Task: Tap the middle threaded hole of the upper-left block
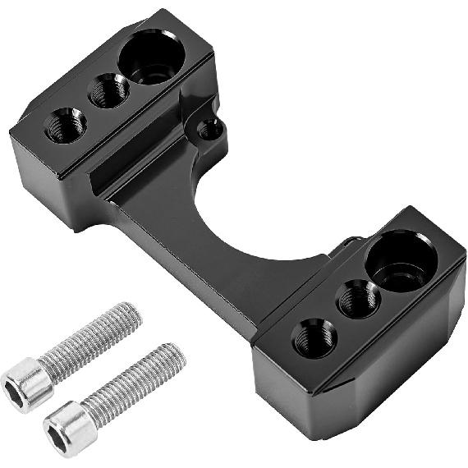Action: point(108,90)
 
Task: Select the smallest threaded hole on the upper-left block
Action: point(66,125)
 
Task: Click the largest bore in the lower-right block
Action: point(400,260)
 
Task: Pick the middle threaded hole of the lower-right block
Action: point(358,298)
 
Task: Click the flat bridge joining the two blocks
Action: point(205,246)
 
